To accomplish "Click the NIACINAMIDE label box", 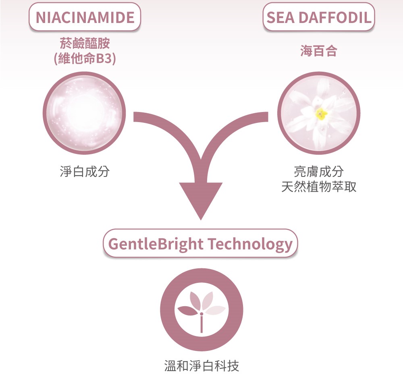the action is click(x=85, y=17).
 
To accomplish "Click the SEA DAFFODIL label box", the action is click(x=319, y=17).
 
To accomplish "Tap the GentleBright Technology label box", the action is click(x=200, y=243).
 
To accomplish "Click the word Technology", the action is click(x=250, y=244).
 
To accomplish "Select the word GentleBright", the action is click(x=156, y=244).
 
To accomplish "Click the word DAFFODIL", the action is click(x=335, y=17).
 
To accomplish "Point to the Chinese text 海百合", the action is click(x=319, y=51).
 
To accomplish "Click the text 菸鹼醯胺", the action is click(x=85, y=43).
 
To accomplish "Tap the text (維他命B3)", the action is click(x=85, y=58).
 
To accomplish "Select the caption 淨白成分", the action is click(x=85, y=171).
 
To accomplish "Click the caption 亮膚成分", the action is click(x=319, y=171).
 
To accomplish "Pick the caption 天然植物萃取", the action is click(x=319, y=187).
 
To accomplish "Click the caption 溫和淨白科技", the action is click(x=201, y=366).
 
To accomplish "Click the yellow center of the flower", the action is click(x=321, y=114).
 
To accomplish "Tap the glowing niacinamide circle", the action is click(x=84, y=113).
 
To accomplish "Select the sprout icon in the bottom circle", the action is click(x=201, y=311).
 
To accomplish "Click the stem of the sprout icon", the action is click(x=201, y=324).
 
